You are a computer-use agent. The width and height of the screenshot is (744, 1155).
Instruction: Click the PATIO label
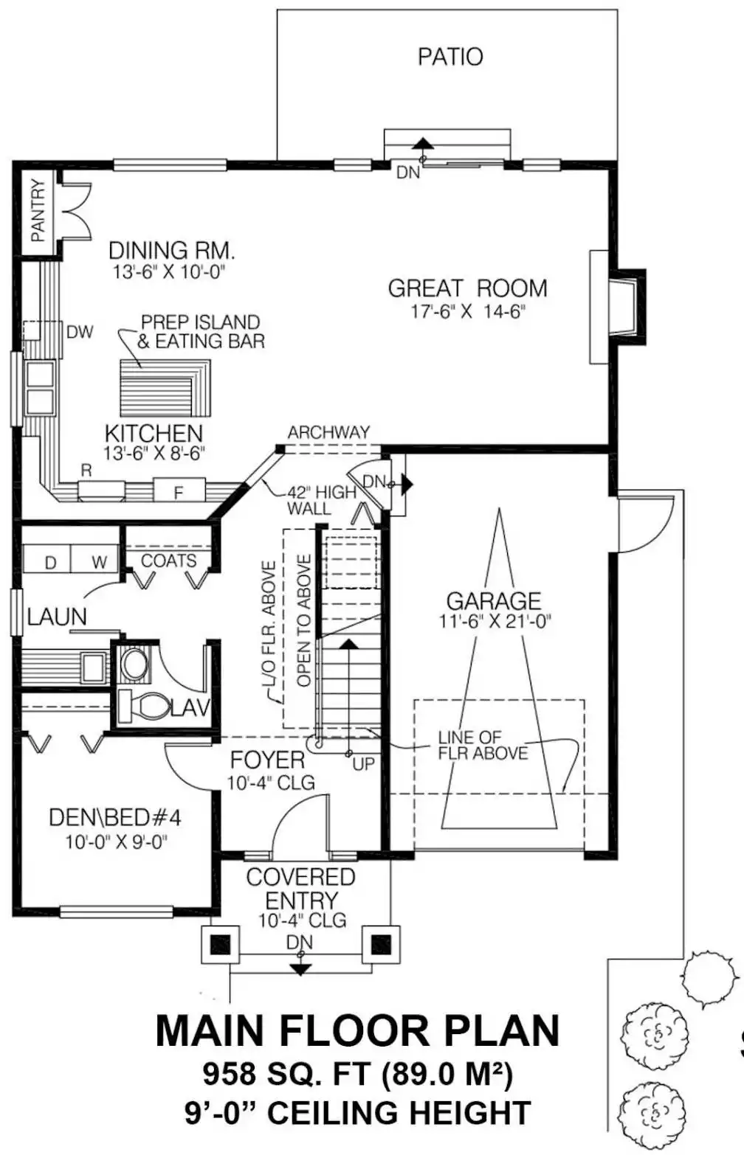450,57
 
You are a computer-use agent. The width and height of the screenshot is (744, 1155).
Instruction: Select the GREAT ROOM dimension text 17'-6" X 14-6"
467,311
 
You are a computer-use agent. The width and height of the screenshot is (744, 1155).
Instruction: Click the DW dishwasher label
80,332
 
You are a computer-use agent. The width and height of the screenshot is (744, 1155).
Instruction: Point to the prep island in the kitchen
165,388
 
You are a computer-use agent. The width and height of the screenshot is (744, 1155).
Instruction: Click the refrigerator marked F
179,490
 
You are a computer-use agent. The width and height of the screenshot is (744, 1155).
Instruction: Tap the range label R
86,471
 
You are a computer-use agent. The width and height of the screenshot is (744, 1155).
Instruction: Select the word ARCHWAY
328,432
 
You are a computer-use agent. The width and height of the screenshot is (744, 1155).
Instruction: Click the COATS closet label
169,561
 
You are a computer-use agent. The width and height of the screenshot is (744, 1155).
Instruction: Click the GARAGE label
494,601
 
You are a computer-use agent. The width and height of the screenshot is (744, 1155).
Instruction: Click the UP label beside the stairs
364,763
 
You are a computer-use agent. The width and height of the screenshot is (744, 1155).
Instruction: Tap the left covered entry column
220,944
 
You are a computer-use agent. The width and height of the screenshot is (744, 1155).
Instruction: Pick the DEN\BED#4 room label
115,817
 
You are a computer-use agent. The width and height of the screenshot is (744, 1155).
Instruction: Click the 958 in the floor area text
230,1074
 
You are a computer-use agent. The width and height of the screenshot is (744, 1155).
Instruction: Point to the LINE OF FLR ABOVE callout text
483,745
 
